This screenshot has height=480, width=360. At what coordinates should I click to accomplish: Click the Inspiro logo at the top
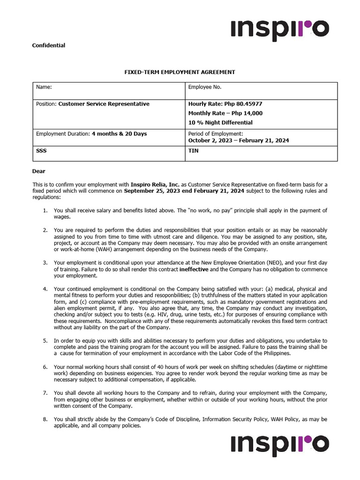click(x=280, y=30)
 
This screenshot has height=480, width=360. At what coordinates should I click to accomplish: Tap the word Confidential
click(x=48, y=45)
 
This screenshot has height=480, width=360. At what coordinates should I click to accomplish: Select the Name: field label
click(x=44, y=87)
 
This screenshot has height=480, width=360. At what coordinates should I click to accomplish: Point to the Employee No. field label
click(x=204, y=87)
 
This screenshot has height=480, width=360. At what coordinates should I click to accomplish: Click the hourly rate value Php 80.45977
click(x=246, y=104)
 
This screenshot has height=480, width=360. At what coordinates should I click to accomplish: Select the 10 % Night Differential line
click(x=220, y=122)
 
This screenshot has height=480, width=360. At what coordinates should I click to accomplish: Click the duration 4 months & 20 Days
click(x=119, y=134)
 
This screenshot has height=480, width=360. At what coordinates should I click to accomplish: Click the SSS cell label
click(x=41, y=151)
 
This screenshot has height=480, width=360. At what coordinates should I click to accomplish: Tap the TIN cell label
click(x=193, y=151)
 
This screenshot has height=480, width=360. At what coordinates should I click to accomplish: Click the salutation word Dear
click(x=38, y=171)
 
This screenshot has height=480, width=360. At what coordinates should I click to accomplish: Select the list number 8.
click(x=45, y=419)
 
